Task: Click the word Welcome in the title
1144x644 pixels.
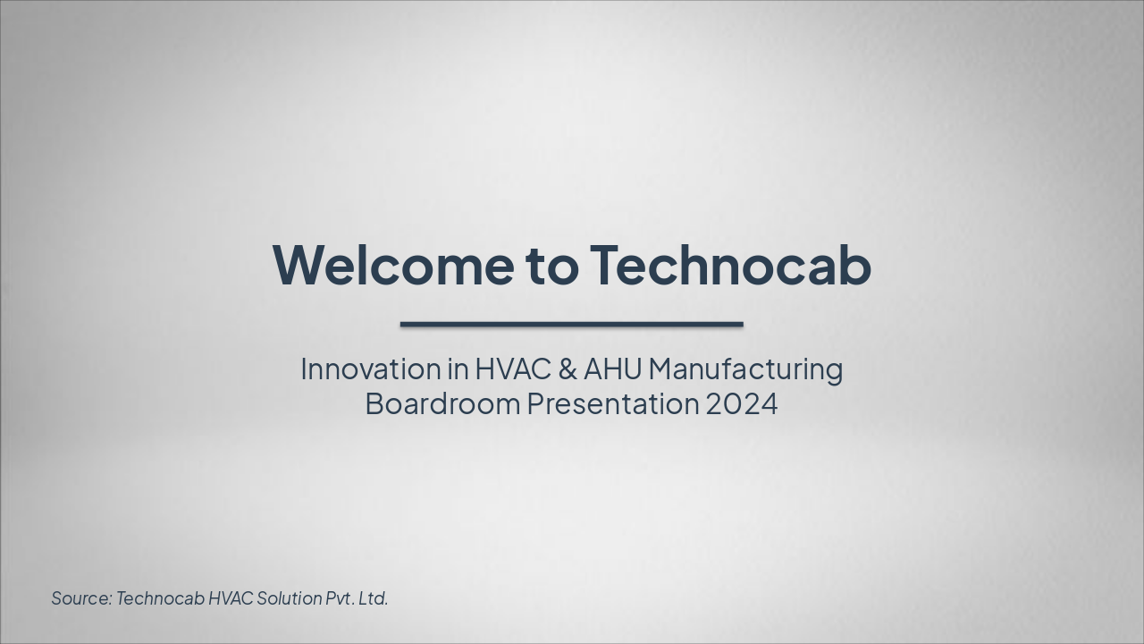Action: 392,265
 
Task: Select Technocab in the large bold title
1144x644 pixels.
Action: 730,265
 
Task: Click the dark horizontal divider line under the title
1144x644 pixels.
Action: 571,325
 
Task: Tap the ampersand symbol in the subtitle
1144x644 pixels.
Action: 568,369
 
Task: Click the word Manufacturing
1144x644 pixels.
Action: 746,369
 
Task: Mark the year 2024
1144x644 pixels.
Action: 742,403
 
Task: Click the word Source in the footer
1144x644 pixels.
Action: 80,598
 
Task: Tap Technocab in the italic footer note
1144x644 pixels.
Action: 160,598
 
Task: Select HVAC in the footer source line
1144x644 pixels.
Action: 231,598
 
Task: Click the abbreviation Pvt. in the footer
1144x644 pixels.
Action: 340,598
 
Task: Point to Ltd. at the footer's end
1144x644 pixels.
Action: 374,598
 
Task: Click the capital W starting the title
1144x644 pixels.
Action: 297,265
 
